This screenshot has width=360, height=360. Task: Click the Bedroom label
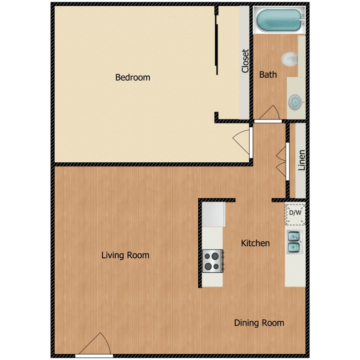point(132,77)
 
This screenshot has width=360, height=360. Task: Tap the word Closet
point(245,61)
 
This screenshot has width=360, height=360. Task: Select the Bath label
point(268,74)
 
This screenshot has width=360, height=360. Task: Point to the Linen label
point(301,160)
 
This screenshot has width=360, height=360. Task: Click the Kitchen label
point(255,243)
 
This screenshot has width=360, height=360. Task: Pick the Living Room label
point(125,255)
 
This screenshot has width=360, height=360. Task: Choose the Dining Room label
point(259,323)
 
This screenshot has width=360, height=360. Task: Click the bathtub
point(279,20)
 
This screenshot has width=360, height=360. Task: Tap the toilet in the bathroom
point(290,60)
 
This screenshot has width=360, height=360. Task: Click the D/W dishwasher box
point(295,215)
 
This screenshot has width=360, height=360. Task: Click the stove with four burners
point(213,261)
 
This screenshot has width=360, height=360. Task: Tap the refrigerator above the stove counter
point(213,215)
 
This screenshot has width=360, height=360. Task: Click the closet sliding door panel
point(217,45)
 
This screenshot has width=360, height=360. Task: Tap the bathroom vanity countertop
point(296,98)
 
